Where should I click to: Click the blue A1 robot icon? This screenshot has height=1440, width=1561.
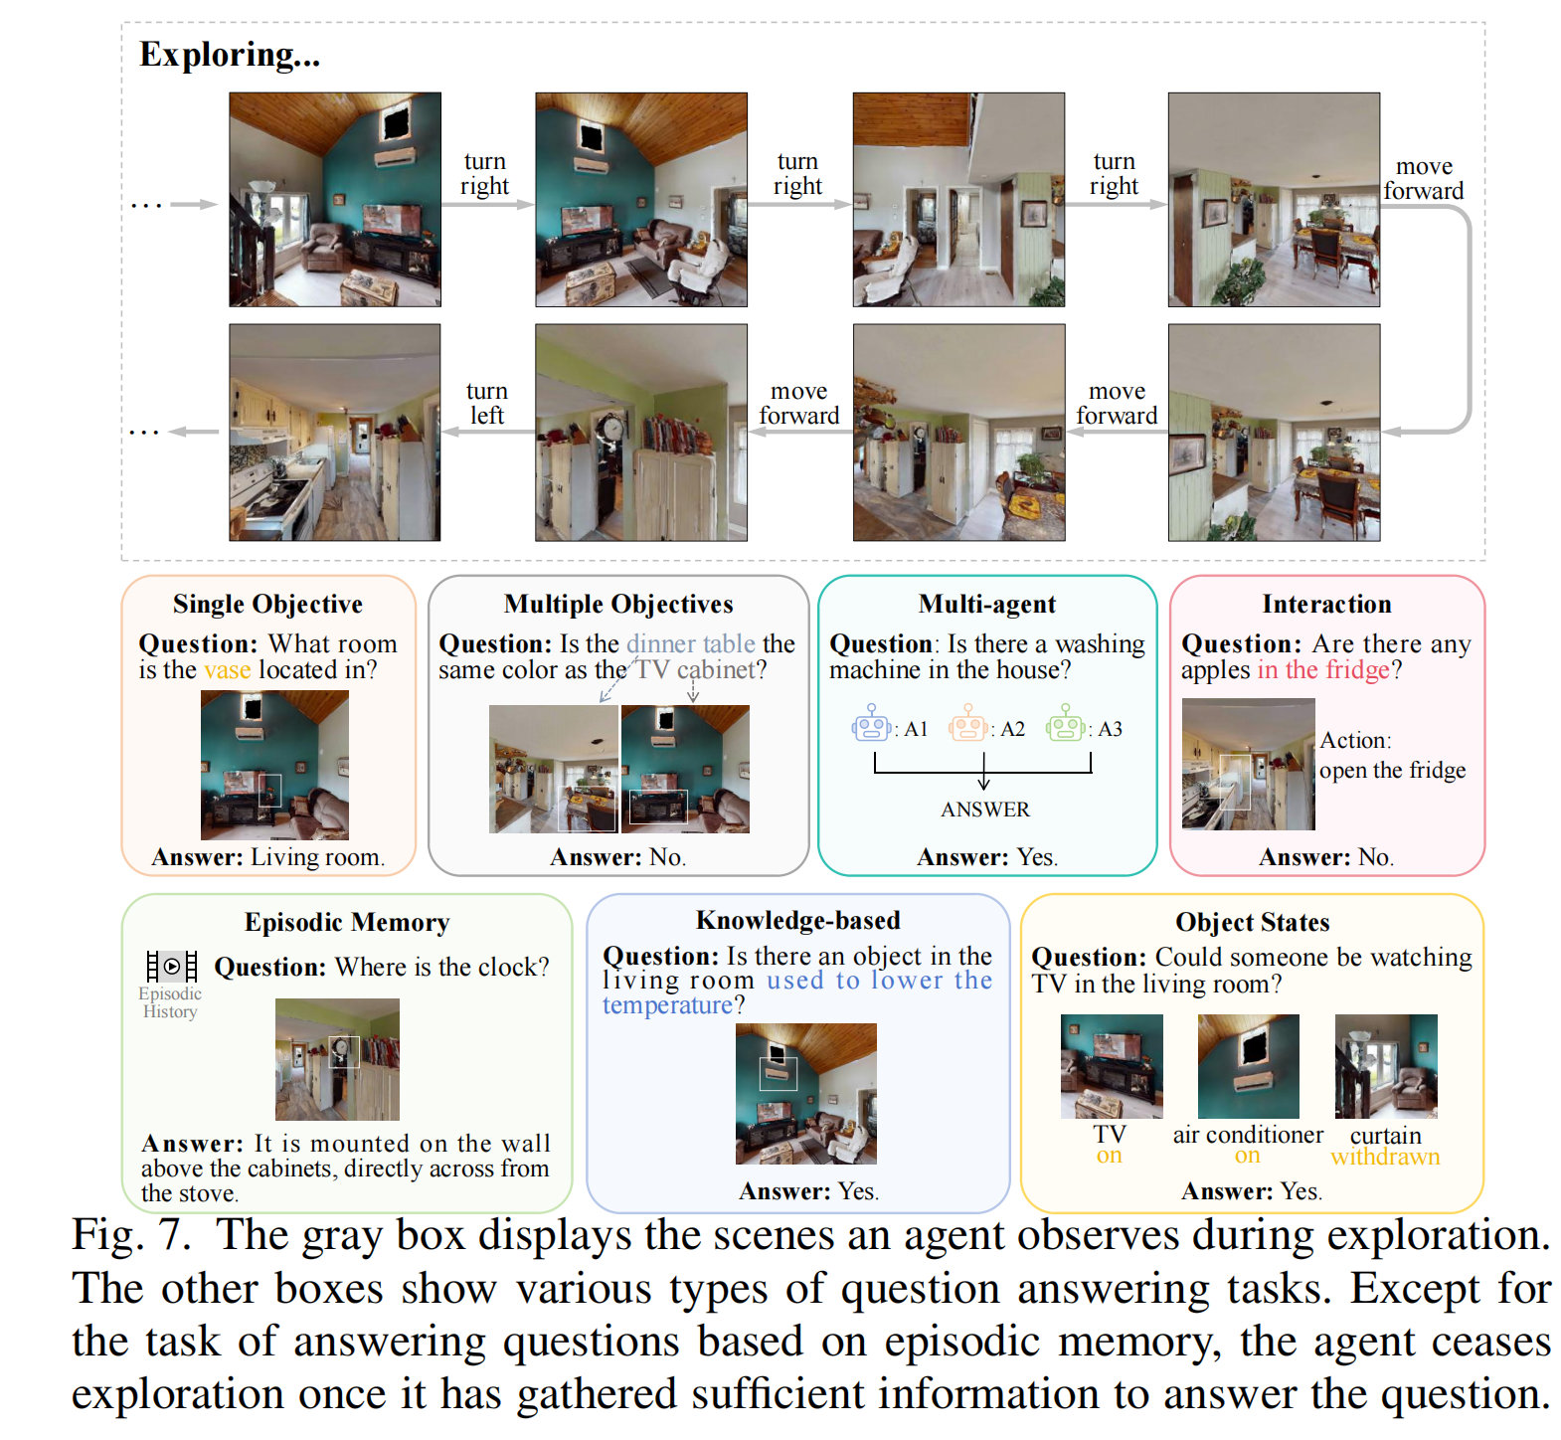pos(871,724)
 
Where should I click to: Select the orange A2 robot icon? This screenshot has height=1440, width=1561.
pos(967,724)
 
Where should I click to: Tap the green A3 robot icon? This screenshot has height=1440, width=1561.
pos(1064,724)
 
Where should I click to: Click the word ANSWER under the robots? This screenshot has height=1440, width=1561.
pos(984,810)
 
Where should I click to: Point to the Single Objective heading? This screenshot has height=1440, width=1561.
pos(267,605)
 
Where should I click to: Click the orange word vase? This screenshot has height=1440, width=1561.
pos(228,670)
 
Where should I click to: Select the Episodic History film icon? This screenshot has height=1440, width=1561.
pos(171,966)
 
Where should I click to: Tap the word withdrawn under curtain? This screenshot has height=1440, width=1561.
pos(1385,1157)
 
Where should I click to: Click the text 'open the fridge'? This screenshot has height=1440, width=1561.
pos(1392,771)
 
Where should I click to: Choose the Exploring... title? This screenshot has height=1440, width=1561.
pos(230,55)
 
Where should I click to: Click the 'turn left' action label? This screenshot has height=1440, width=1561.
pos(486,404)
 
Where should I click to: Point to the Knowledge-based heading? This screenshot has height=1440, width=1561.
pos(797,921)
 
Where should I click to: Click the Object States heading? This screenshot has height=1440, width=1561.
pos(1252,923)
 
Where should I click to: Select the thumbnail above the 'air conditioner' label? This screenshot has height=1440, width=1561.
pos(1248,1066)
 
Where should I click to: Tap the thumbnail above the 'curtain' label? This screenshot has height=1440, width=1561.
pos(1385,1066)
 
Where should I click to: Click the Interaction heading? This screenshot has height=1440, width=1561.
pos(1326,605)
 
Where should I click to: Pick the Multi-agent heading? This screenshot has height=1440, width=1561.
pos(986,605)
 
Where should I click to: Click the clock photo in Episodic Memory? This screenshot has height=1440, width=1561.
pos(337,1059)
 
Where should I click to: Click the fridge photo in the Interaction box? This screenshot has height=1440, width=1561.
pos(1248,764)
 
